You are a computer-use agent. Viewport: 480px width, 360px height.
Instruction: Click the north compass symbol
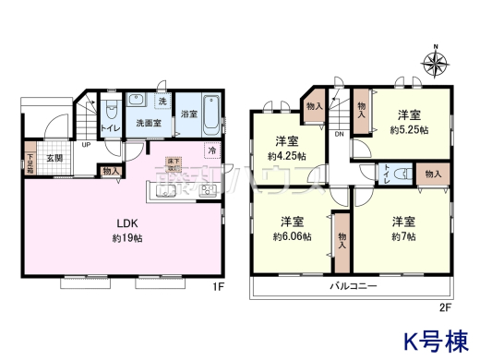435,64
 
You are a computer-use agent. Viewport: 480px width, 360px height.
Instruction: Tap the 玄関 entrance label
55,157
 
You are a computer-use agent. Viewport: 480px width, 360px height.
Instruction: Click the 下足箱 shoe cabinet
30,162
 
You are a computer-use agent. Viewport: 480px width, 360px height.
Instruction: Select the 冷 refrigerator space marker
212,150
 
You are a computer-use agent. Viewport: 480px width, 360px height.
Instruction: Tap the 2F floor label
444,306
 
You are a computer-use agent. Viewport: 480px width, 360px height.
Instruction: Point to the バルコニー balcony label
354,288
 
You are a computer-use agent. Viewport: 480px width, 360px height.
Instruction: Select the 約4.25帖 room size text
286,156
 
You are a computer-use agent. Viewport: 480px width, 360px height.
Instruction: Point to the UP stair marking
86,145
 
